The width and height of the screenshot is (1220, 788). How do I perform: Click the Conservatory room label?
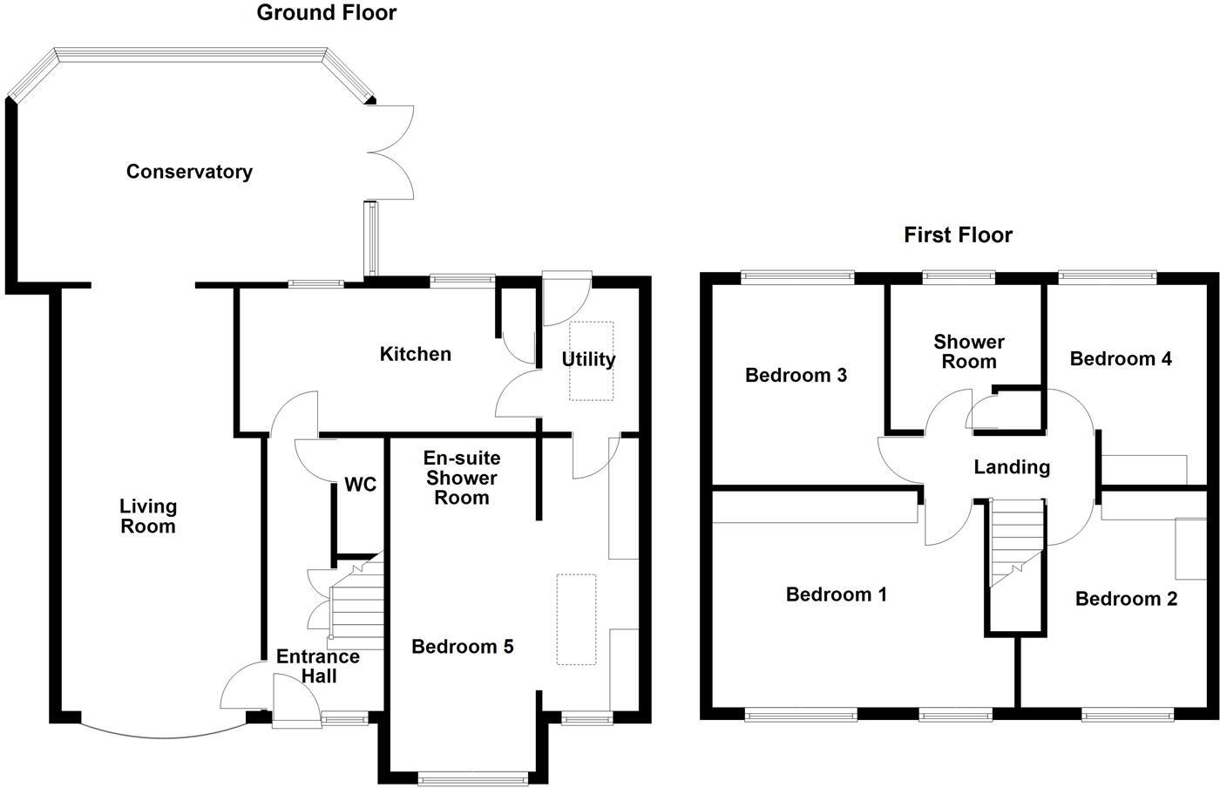189,172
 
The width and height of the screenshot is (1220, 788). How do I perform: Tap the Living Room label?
148,516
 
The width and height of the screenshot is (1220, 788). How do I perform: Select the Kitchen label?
416,354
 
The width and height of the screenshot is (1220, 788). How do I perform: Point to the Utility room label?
588,359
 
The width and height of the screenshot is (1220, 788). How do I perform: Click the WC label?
360,485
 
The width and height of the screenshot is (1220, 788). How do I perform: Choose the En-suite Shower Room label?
461,478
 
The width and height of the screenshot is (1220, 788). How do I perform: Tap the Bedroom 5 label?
462,647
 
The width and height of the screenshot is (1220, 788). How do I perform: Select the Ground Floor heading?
327,13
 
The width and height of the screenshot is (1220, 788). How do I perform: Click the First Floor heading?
958,235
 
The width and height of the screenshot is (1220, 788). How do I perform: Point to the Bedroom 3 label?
796,376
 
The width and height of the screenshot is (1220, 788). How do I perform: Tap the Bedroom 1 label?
836,594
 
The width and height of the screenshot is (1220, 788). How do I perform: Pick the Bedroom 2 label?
1126,599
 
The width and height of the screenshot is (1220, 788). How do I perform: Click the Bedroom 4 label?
1121,358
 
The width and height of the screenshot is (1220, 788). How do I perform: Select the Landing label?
1011,467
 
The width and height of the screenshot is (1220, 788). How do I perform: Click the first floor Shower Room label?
968,351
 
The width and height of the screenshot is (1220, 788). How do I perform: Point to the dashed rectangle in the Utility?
592,362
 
